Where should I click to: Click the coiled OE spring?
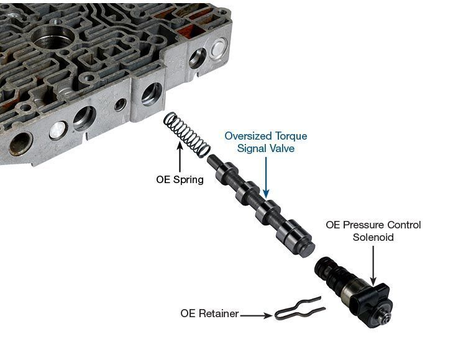click(x=187, y=133)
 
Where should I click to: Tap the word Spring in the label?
click(x=188, y=180)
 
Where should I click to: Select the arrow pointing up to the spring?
click(x=180, y=156)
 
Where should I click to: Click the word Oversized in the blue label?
click(x=248, y=136)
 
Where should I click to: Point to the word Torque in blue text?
click(x=291, y=136)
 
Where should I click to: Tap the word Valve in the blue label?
click(x=281, y=148)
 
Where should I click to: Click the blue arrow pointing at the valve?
click(x=266, y=178)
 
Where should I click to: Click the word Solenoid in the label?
click(x=373, y=237)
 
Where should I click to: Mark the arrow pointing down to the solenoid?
click(x=373, y=266)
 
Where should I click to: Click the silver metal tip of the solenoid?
click(x=385, y=318)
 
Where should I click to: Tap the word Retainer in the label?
click(x=219, y=313)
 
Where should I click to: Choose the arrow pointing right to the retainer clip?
click(x=256, y=315)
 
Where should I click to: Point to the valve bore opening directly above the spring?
click(x=152, y=94)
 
